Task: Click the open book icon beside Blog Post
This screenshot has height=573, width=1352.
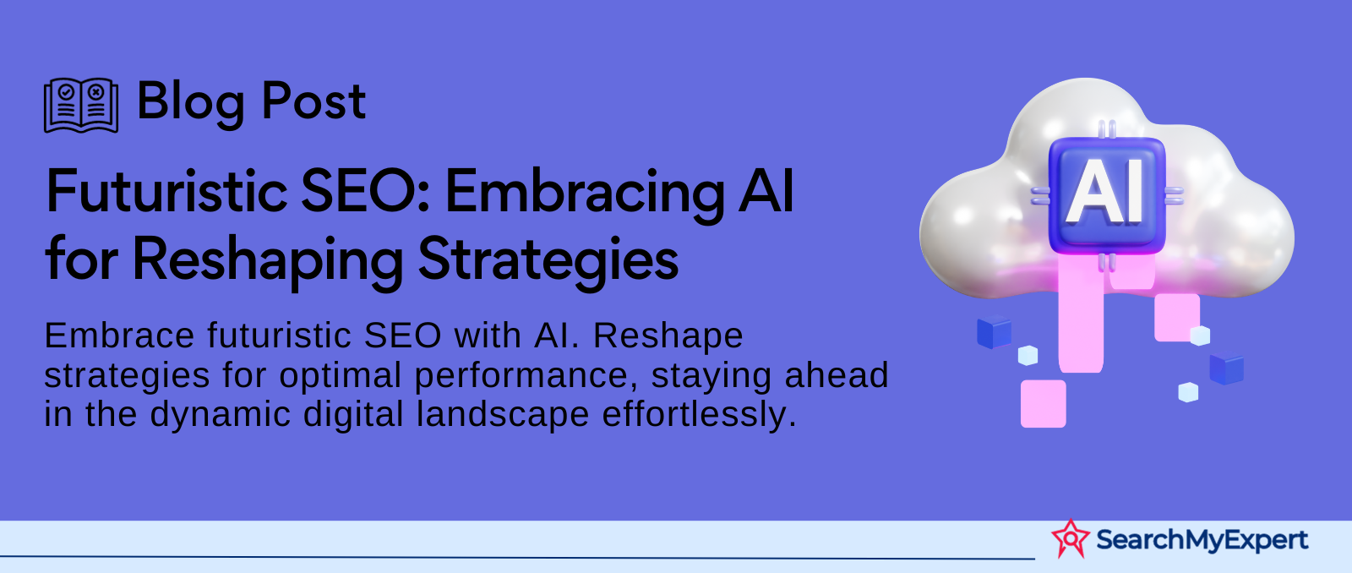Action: coord(81,105)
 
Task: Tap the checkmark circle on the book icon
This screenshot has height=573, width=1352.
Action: coord(67,92)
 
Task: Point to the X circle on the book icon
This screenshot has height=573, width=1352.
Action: coord(96,92)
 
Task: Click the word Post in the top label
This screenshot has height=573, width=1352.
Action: coord(313,101)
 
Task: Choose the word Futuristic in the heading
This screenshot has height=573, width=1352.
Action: coord(166,191)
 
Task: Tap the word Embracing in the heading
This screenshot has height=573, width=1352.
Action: coord(584,195)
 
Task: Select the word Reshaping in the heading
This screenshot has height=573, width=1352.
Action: coord(267,262)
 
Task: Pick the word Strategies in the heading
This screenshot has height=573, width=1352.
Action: coord(548,262)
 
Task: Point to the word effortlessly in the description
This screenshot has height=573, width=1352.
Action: coord(700,416)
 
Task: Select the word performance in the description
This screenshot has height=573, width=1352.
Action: coord(525,376)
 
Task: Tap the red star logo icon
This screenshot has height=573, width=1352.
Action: coord(1070,538)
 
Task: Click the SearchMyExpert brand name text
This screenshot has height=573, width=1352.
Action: coord(1202,540)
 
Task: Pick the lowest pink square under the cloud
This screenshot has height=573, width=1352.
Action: coord(1043,403)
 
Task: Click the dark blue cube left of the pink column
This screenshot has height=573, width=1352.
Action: coord(994,332)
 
